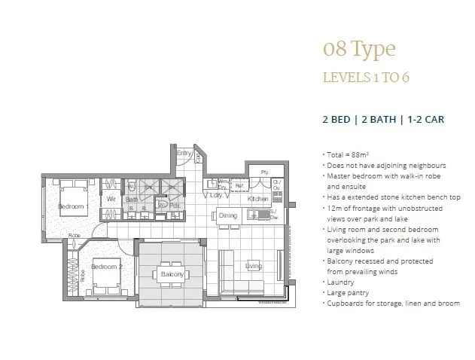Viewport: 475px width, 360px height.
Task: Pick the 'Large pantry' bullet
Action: (346, 292)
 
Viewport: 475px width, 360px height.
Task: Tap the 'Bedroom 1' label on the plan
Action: (75, 206)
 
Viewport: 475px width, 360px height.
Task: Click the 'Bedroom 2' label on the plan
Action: (105, 267)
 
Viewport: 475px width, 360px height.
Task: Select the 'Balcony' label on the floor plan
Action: (172, 275)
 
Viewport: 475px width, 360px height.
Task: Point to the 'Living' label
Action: (253, 265)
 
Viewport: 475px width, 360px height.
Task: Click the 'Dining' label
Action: (228, 215)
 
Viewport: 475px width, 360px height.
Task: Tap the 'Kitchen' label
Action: (258, 199)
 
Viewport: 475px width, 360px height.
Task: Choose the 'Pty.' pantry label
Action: (264, 172)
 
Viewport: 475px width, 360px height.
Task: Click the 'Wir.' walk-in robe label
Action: (111, 200)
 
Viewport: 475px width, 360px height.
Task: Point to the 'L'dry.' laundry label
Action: (215, 195)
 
